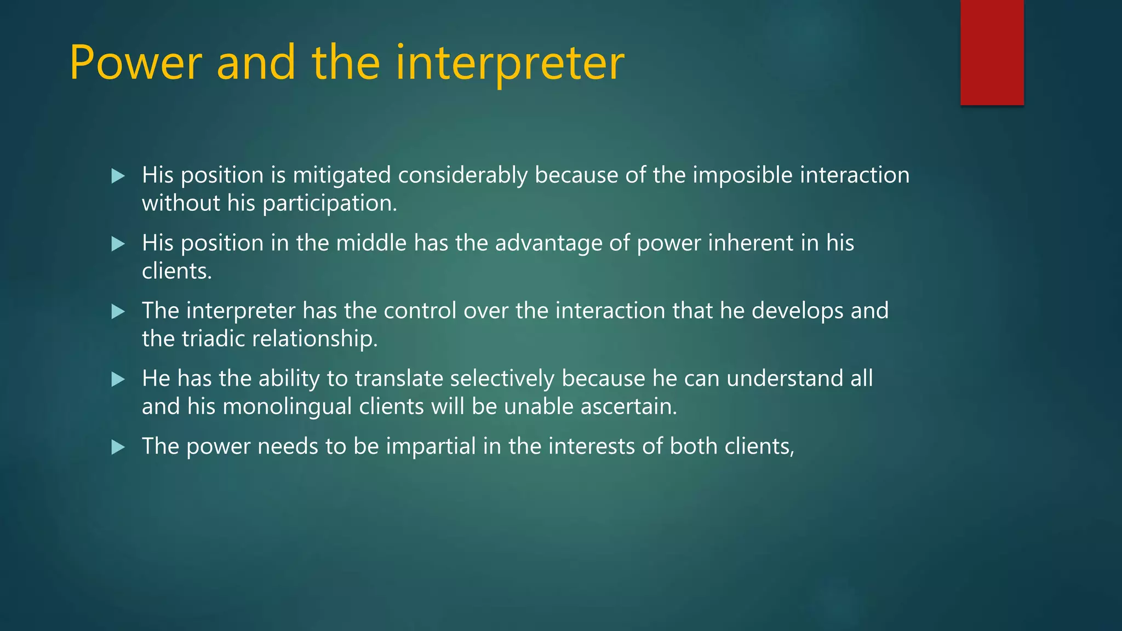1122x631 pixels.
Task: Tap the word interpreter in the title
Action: pos(510,63)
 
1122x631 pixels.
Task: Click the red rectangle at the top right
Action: pos(992,52)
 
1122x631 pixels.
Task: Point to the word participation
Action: pos(329,204)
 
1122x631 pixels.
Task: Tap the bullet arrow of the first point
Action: pos(118,176)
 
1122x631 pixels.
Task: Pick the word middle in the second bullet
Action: pos(371,243)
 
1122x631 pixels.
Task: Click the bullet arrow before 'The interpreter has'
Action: pos(118,312)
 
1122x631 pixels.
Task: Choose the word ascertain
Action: pos(628,407)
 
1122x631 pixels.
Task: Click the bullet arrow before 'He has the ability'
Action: pos(118,379)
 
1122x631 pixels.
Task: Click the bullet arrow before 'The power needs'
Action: pos(118,447)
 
